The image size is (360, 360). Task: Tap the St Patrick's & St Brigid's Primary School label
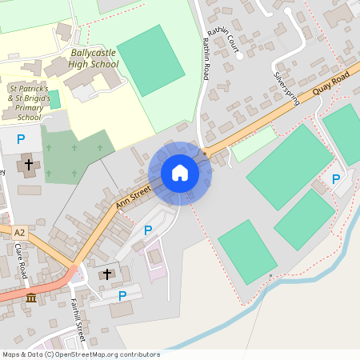29,102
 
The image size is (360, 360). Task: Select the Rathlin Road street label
206,58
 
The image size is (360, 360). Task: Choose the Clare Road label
21,261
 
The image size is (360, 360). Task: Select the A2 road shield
19,233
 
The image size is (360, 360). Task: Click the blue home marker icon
180,173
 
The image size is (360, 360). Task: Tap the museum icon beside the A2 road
31,298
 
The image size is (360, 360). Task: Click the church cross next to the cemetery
29,165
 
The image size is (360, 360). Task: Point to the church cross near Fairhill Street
108,274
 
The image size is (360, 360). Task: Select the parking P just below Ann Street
147,230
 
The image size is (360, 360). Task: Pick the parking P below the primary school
21,139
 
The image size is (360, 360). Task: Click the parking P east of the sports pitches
336,179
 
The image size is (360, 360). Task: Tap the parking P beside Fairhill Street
122,296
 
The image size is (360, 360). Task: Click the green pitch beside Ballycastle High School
152,60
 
